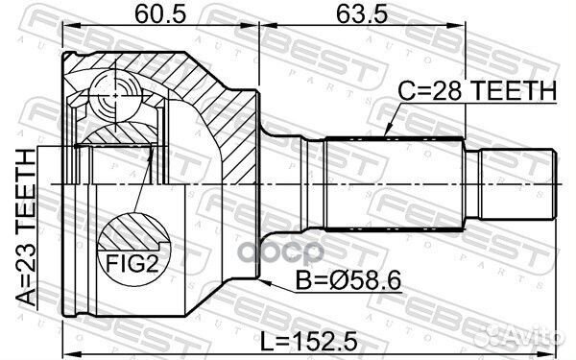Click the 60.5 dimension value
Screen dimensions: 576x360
160,14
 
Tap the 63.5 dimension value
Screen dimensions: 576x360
362,14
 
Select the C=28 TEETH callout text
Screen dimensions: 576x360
477,91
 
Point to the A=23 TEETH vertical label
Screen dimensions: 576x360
27,228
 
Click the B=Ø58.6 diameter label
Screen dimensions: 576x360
348,281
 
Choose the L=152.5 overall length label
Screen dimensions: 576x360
308,341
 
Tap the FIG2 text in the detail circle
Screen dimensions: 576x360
132,263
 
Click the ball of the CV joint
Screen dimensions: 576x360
115,95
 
